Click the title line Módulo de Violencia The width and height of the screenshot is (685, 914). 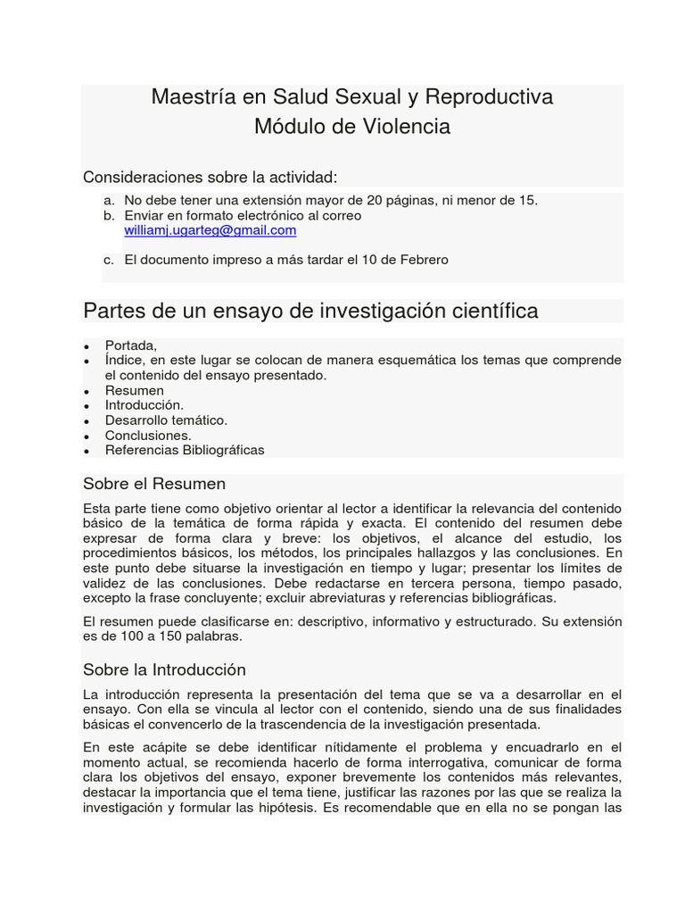351,127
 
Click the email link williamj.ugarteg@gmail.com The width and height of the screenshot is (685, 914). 210,230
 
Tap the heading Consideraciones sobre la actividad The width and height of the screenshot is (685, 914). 210,177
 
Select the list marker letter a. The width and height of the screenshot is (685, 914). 109,201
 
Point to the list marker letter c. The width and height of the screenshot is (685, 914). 109,261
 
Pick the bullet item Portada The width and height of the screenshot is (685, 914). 131,345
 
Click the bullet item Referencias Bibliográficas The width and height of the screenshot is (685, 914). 185,450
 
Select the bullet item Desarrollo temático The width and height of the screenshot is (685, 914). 166,420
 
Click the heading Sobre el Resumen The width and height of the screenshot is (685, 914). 154,484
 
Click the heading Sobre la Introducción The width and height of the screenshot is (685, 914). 164,669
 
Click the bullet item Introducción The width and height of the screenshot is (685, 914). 144,405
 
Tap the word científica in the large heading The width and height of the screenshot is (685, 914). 493,311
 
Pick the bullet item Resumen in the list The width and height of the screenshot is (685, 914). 135,391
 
